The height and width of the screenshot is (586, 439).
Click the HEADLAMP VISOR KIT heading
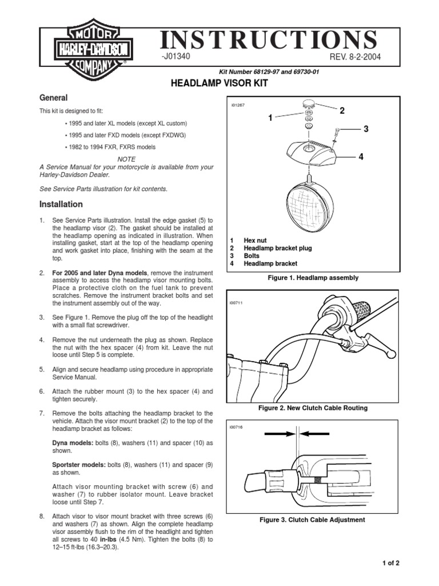coord(219,84)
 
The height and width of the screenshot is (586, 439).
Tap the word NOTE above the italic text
coord(126,158)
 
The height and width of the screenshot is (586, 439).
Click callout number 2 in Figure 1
coord(342,110)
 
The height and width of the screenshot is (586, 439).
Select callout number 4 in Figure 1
coord(361,156)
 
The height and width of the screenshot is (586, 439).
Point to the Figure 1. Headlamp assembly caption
coord(312,278)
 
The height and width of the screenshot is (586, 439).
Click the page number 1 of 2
coord(390,563)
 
